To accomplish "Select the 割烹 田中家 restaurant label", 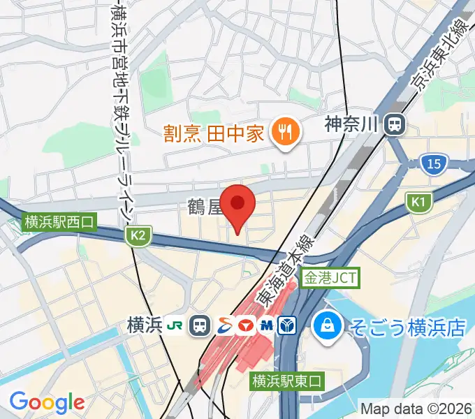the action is [214, 131].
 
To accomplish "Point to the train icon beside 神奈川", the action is [395, 125].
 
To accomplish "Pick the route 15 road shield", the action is [434, 164].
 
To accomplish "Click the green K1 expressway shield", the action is [418, 202].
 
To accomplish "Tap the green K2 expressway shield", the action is [138, 236].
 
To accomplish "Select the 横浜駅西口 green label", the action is [59, 223].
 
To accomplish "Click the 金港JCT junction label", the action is [330, 278].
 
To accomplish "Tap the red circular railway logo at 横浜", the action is [246, 325].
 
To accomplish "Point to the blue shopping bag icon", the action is [326, 324].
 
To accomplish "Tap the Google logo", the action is [47, 402].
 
